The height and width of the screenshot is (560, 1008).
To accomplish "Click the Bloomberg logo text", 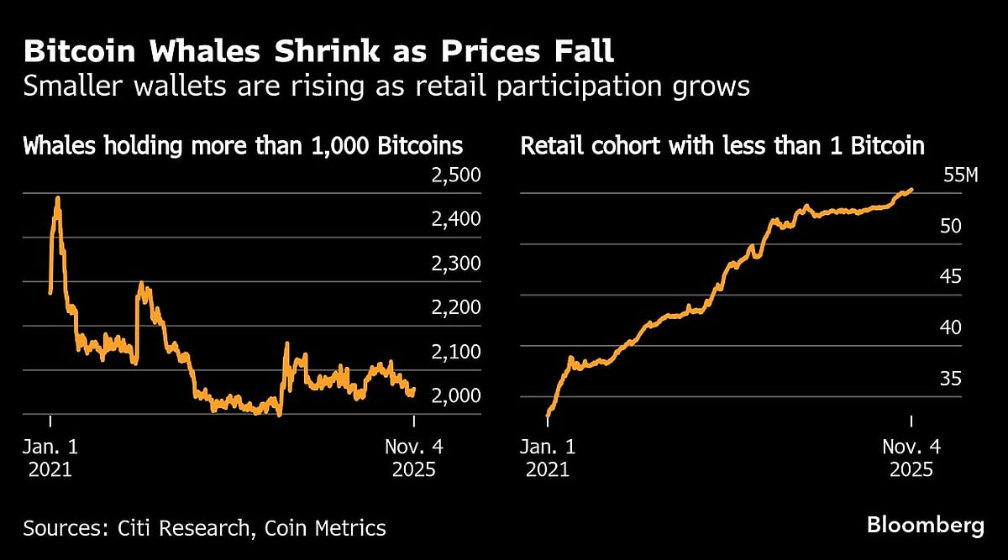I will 925,526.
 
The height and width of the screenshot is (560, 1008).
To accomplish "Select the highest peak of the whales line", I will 57,199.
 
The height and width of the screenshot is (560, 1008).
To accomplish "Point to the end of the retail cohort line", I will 911,190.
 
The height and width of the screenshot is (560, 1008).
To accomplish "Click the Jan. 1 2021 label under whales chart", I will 50,458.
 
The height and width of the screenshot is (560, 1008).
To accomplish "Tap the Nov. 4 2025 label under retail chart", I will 911,458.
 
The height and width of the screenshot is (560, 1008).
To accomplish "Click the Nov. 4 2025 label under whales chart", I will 413,458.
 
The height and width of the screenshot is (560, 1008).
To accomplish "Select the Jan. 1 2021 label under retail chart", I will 549,458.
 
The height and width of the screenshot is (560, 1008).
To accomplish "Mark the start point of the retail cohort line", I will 548,415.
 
